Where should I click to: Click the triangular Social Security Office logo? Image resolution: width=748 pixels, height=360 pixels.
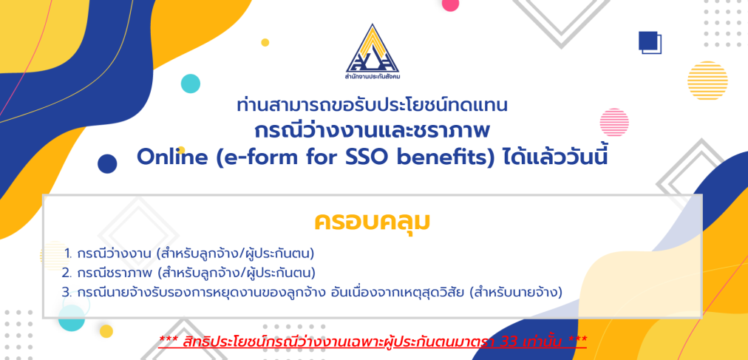[373, 49]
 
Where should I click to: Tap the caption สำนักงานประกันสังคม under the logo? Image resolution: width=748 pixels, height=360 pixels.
[373, 77]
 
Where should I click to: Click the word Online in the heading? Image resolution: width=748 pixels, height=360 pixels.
[173, 157]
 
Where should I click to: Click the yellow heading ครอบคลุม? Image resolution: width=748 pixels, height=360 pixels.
[372, 223]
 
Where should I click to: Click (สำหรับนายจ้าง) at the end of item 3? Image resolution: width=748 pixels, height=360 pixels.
[516, 292]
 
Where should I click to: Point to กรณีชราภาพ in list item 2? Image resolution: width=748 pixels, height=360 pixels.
[114, 273]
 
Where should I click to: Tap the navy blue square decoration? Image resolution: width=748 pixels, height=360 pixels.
[647, 41]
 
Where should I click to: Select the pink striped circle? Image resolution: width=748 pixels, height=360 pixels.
[614, 123]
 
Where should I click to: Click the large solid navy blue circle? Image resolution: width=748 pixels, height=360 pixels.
[107, 163]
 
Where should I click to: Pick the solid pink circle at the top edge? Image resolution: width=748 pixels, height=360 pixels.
[450, 4]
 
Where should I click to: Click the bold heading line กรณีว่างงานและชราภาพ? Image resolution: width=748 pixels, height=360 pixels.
[373, 131]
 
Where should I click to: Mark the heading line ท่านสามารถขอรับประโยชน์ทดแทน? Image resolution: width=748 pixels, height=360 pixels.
[373, 106]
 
